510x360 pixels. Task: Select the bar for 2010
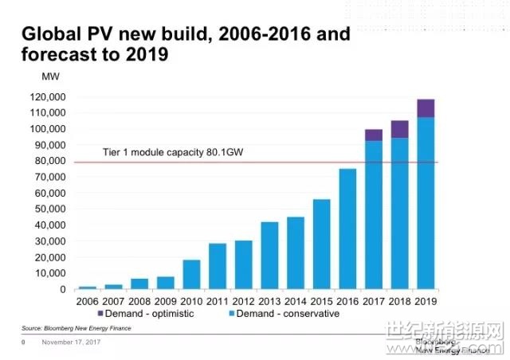(x=191, y=275)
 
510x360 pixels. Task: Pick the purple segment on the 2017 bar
(x=374, y=135)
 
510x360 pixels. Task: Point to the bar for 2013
(x=269, y=256)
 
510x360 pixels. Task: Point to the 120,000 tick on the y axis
(x=48, y=97)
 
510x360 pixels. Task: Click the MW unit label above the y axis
(x=50, y=76)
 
